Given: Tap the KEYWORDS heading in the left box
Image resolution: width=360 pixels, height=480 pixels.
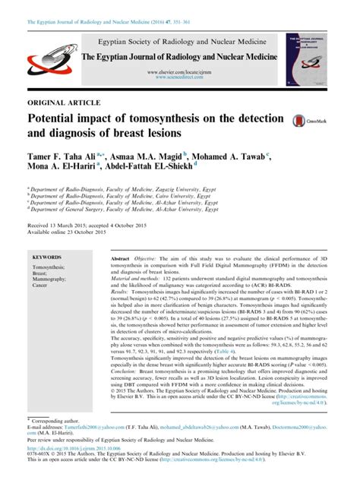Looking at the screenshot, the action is [x=48, y=257].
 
